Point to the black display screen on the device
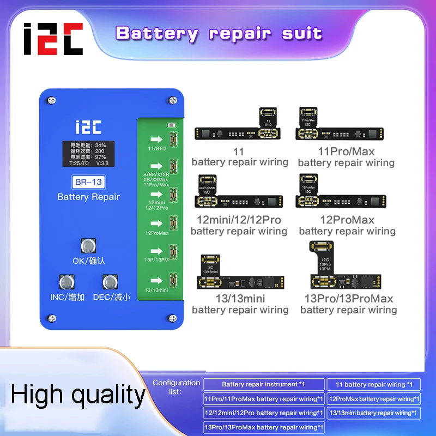click(88, 154)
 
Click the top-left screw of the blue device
click(51, 100)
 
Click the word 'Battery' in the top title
click(156, 33)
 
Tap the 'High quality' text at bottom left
click(78, 395)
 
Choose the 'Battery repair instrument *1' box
click(264, 385)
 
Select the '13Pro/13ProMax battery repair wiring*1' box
click(264, 427)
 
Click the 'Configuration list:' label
click(175, 387)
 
